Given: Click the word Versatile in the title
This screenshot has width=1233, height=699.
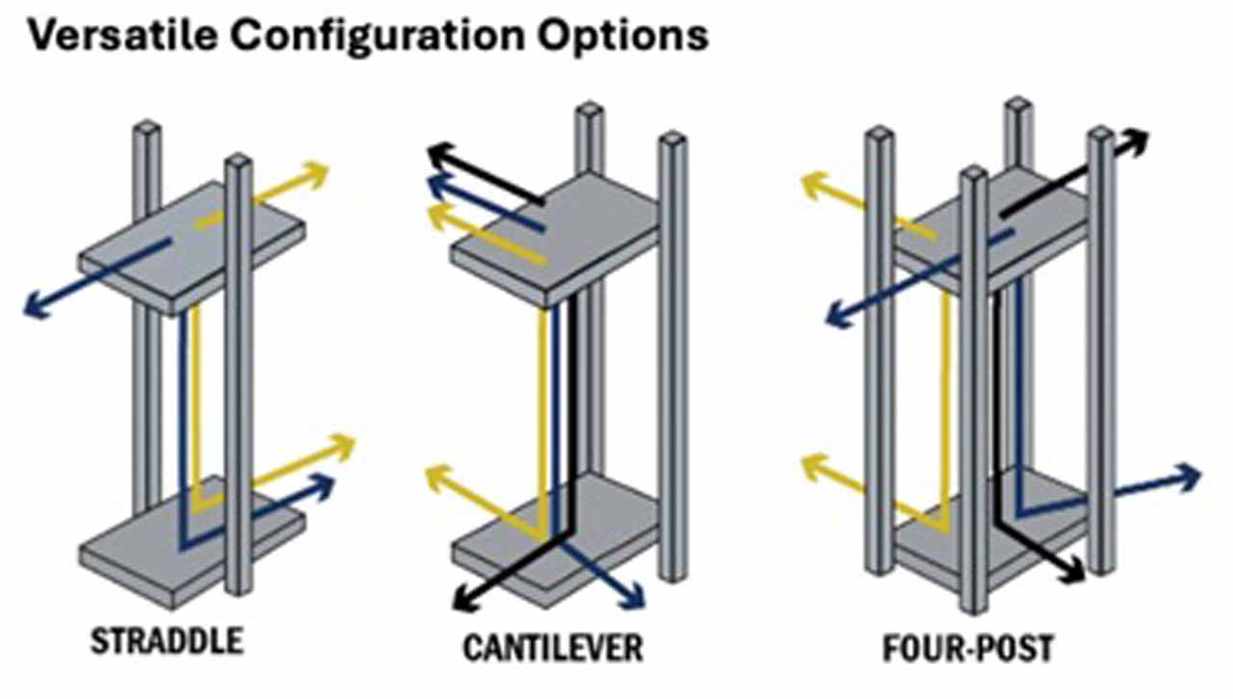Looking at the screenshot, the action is click(123, 36).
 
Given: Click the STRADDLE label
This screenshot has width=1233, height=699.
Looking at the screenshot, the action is click(167, 640).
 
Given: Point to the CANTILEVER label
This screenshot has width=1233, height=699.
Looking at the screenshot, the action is click(553, 647).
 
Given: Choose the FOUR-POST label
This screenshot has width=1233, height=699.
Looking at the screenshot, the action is click(968, 648).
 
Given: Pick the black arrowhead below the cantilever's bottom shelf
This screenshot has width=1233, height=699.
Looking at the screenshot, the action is click(465, 598).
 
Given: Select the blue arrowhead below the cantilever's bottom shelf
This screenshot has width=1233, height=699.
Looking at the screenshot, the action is click(632, 597).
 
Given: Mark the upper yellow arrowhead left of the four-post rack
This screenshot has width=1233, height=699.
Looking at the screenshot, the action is click(815, 185).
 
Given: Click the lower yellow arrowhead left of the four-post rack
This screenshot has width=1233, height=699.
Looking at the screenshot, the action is click(815, 467).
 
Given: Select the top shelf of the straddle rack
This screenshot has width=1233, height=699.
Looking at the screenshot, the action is click(191, 247).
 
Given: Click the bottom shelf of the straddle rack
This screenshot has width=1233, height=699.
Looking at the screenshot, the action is click(191, 542).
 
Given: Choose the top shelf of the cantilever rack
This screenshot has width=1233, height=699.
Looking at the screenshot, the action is click(556, 240).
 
